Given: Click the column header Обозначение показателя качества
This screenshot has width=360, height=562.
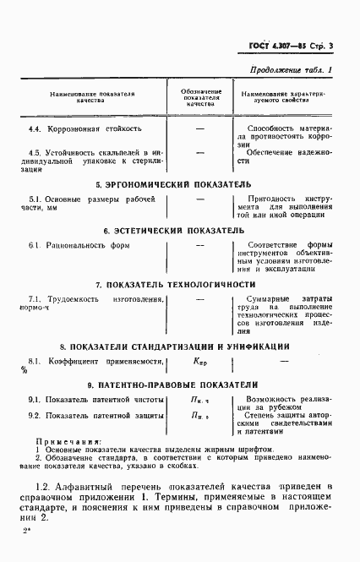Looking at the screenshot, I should [x=201, y=95].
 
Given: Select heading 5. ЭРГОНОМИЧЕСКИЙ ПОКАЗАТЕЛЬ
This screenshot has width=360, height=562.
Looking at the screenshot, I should [x=172, y=183].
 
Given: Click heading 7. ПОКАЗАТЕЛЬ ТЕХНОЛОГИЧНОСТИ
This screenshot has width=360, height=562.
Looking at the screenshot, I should [x=175, y=285].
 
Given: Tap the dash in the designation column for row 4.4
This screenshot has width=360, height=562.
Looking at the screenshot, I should [x=200, y=129].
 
